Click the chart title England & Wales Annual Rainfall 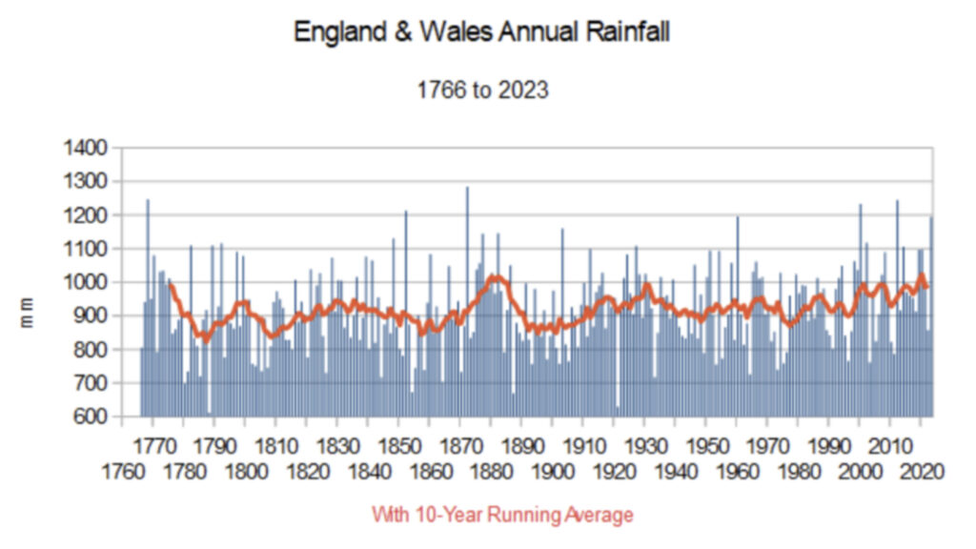pyautogui.click(x=481, y=32)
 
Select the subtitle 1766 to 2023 pyautogui.click(x=482, y=91)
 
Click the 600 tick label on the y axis pyautogui.click(x=91, y=417)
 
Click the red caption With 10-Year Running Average pyautogui.click(x=502, y=516)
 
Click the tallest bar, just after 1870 pyautogui.click(x=467, y=286)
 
